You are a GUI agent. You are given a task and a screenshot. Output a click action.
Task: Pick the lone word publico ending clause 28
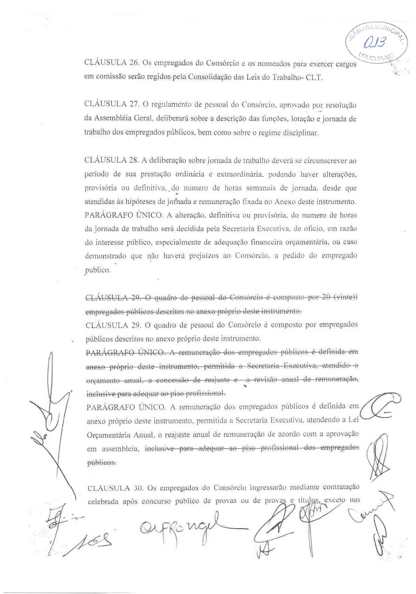coord(97,270)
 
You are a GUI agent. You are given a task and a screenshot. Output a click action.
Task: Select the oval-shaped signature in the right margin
coord(380,410)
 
